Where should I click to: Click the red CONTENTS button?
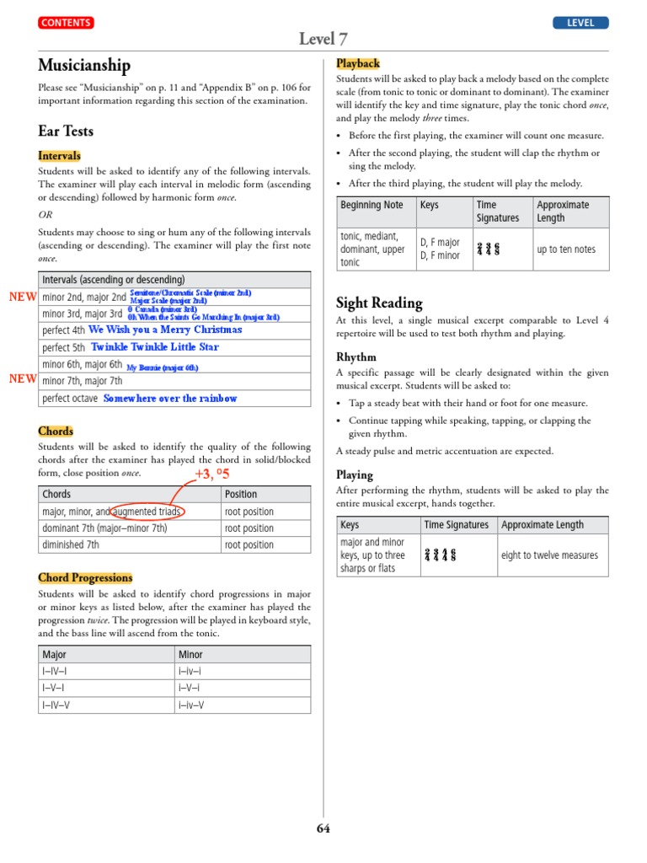click(x=66, y=23)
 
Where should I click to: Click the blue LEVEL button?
click(x=580, y=23)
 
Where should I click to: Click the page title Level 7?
click(x=323, y=40)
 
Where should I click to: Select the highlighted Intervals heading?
click(x=60, y=156)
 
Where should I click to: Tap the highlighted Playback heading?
click(x=358, y=63)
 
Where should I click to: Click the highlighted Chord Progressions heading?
click(x=85, y=577)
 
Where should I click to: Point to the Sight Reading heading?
click(x=379, y=303)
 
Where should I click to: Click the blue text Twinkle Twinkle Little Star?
click(x=155, y=347)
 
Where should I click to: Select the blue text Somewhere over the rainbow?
click(x=170, y=399)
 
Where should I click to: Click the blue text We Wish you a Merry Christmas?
click(x=165, y=330)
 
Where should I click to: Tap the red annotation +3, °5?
click(x=212, y=474)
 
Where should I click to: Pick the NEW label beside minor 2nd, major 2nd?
click(x=22, y=297)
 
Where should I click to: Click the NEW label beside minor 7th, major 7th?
click(x=22, y=379)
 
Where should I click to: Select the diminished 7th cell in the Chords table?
click(x=71, y=545)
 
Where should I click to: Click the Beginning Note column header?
click(x=372, y=205)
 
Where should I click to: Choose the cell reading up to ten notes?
click(x=566, y=249)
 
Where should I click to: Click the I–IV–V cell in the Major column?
click(x=56, y=705)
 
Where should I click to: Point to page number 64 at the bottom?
click(x=323, y=828)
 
